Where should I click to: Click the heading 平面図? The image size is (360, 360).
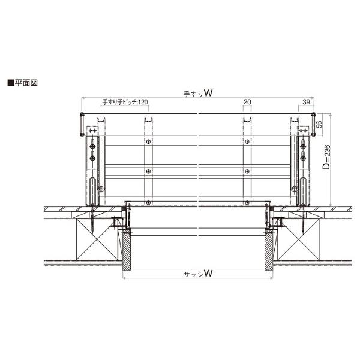click(26, 83)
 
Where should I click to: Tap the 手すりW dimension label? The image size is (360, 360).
click(198, 93)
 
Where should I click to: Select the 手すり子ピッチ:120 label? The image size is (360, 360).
click(125, 102)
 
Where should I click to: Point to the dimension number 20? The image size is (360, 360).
click(247, 102)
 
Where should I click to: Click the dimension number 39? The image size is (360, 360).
click(306, 102)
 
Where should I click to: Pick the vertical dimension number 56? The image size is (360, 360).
click(319, 124)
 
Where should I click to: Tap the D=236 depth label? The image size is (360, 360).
click(326, 157)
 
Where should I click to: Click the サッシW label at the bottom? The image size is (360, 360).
click(198, 274)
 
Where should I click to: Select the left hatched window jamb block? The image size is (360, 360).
click(127, 251)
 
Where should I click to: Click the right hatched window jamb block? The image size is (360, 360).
click(269, 251)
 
